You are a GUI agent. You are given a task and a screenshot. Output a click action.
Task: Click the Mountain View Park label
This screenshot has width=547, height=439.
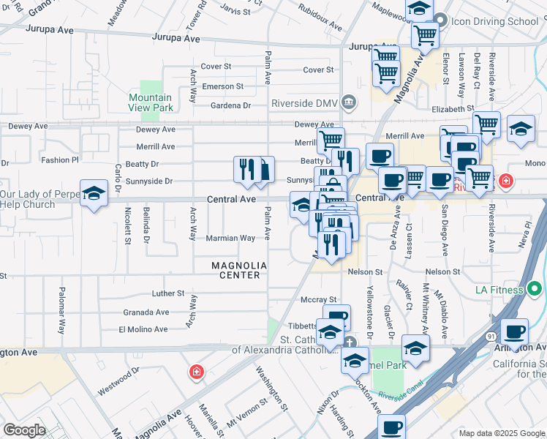coord(150,102)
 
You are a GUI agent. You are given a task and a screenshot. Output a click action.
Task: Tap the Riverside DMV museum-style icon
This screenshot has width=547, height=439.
coord(350,101)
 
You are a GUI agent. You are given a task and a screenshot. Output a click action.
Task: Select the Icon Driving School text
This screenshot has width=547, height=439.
coord(496,20)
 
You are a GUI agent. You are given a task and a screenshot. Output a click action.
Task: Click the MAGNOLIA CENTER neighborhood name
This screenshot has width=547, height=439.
coord(236,270)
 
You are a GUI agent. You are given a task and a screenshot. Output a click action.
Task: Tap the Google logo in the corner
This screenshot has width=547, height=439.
coord(24,430)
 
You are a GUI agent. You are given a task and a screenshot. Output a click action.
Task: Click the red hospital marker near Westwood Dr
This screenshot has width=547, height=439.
coord(196,372)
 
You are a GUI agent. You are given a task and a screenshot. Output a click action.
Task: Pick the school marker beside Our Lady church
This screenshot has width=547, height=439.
coord(94,194)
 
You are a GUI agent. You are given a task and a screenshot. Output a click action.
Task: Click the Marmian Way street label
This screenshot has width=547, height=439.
coord(231,238)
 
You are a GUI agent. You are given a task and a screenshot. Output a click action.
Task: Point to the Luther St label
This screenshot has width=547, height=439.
coord(168,293)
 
